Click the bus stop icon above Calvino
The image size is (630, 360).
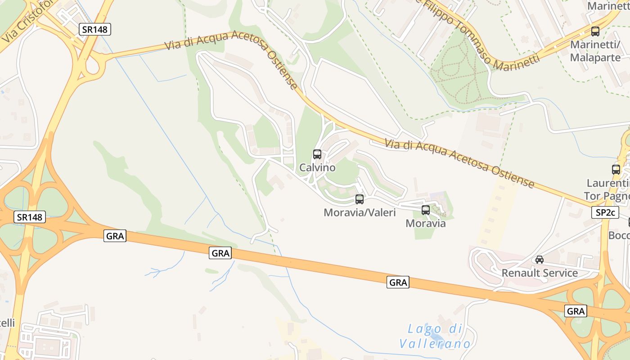[x=317, y=154]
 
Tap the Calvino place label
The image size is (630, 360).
[x=317, y=168]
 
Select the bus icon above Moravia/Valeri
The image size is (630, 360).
[x=360, y=199]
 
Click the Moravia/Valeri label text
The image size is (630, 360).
[x=360, y=212]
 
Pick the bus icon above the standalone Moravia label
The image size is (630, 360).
[x=426, y=210]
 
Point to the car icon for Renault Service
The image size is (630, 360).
[x=540, y=260]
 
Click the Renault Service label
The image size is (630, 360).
[x=540, y=273]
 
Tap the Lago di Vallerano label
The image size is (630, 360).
[x=435, y=337]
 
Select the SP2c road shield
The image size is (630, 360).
[x=605, y=213]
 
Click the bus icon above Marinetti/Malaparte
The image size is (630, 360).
[x=595, y=31]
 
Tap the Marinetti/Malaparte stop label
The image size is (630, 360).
[x=595, y=51]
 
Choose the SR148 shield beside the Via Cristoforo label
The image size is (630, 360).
[x=95, y=30]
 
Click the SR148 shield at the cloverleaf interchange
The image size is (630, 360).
[x=31, y=217]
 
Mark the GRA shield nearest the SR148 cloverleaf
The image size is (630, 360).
[x=115, y=235]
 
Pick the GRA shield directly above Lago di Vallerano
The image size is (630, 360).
[x=398, y=283]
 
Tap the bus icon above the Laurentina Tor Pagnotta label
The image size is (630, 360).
[x=616, y=170]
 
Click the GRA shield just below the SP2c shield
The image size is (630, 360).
[x=576, y=311]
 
